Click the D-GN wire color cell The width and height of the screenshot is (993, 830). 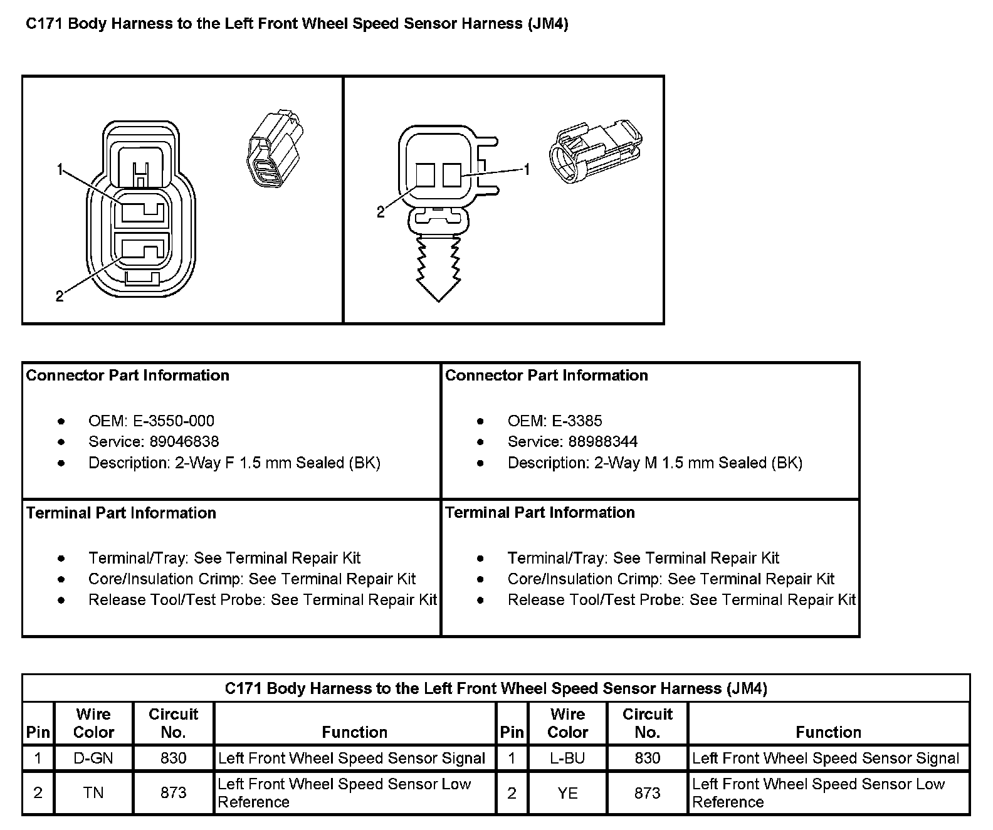93,758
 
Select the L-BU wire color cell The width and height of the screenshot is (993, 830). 567,758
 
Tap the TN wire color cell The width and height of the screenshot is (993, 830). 93,792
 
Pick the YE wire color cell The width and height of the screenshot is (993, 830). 567,792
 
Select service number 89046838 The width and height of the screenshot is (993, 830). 184,441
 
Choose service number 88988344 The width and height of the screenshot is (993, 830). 603,441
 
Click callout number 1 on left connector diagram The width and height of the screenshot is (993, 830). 60,169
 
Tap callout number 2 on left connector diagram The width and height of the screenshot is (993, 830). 60,296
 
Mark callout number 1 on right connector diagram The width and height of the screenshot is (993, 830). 527,169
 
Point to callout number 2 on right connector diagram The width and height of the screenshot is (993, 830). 381,213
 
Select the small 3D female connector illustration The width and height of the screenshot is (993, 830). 275,149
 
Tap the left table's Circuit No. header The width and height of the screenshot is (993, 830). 173,723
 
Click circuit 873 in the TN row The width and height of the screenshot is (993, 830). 173,792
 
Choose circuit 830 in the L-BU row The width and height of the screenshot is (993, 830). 647,758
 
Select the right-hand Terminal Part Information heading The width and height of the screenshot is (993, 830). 540,512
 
